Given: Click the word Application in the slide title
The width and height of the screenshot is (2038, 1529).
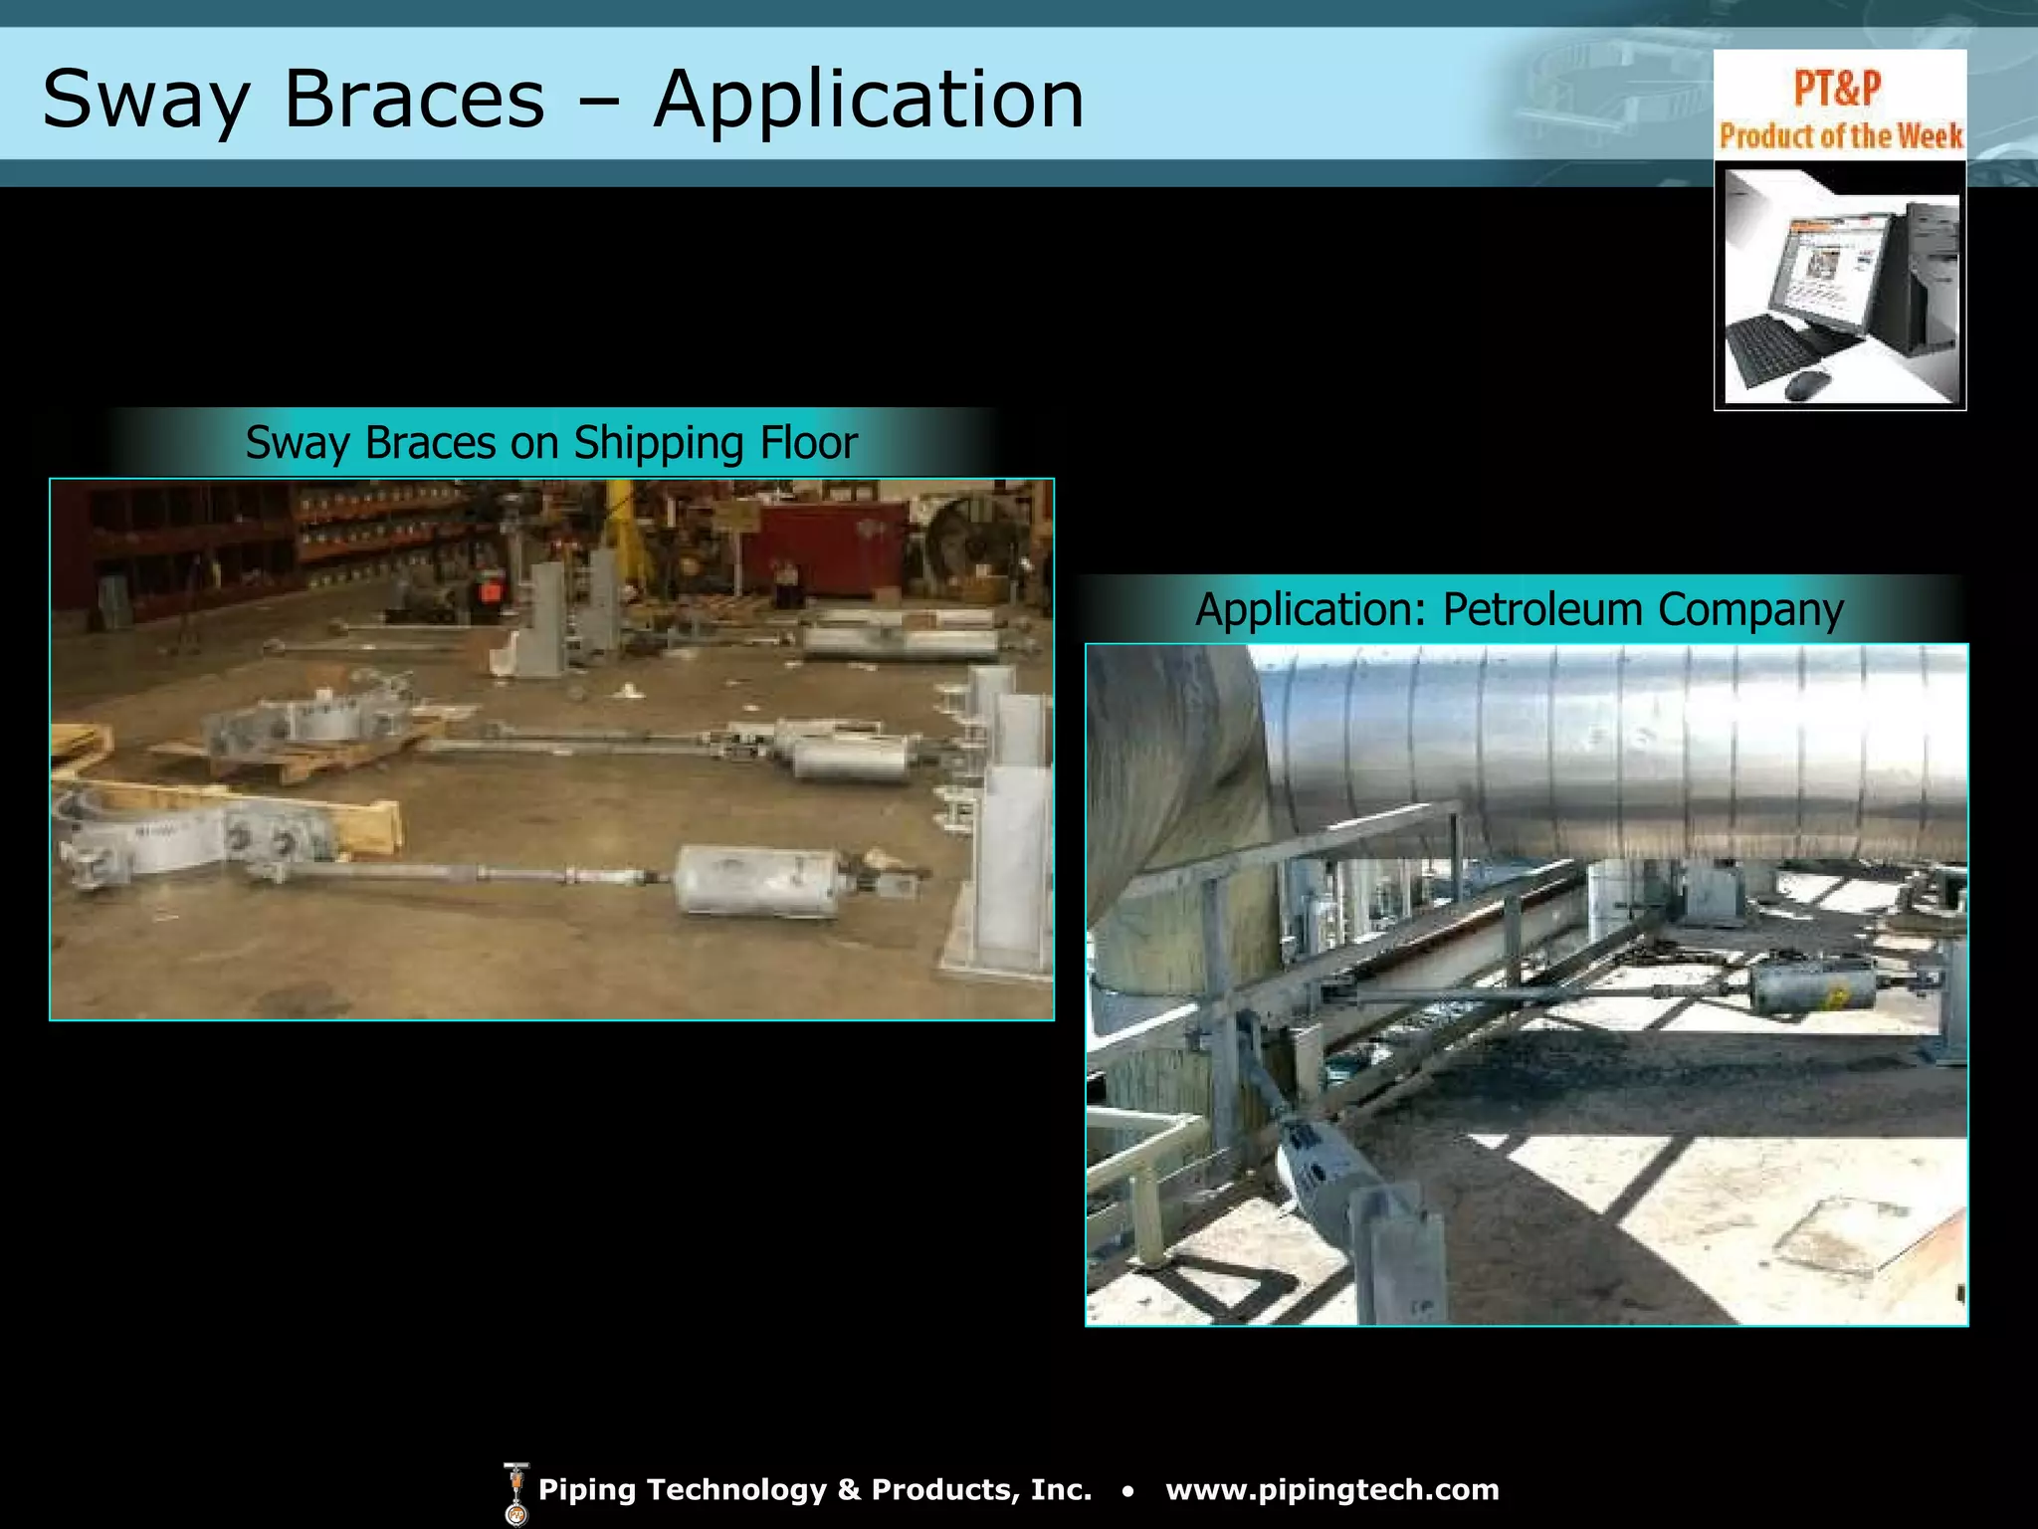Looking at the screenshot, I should (x=869, y=100).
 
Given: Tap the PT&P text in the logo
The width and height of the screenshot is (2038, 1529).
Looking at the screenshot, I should (x=1837, y=89).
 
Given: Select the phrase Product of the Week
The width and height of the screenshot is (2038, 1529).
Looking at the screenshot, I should (x=1841, y=135).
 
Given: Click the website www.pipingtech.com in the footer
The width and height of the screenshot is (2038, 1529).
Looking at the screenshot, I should (x=1332, y=1490).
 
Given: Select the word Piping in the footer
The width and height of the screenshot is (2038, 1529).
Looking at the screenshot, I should (x=586, y=1490).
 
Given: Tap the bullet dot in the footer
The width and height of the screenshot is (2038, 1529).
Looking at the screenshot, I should (x=1127, y=1491).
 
